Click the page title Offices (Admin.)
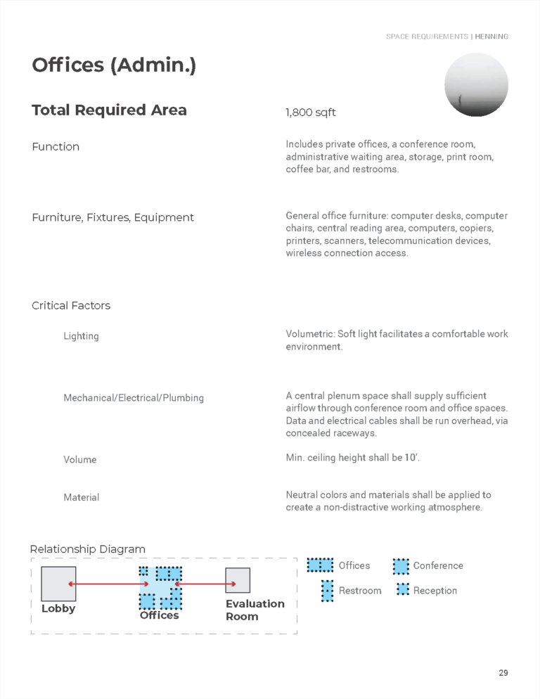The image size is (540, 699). pyautogui.click(x=114, y=65)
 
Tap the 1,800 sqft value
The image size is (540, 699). pyautogui.click(x=310, y=113)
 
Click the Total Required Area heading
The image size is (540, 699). pyautogui.click(x=109, y=110)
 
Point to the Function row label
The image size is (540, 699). pyautogui.click(x=56, y=146)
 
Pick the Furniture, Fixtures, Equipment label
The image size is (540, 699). pyautogui.click(x=112, y=217)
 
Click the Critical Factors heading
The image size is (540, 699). pyautogui.click(x=71, y=305)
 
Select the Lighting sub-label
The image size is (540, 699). pyautogui.click(x=81, y=336)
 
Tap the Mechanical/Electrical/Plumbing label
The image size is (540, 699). pyautogui.click(x=134, y=398)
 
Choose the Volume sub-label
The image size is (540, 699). pyautogui.click(x=80, y=460)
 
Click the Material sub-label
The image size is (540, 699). pyautogui.click(x=81, y=497)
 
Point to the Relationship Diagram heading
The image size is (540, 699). pyautogui.click(x=88, y=549)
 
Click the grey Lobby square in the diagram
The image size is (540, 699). pyautogui.click(x=58, y=584)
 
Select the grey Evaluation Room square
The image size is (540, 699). pyautogui.click(x=238, y=581)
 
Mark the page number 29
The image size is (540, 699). pyautogui.click(x=503, y=673)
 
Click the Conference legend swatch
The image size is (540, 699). pyautogui.click(x=401, y=566)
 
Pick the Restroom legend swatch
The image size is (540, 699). pyautogui.click(x=327, y=591)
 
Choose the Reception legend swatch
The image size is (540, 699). pyautogui.click(x=402, y=590)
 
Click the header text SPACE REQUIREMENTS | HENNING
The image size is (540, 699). pyautogui.click(x=446, y=37)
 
